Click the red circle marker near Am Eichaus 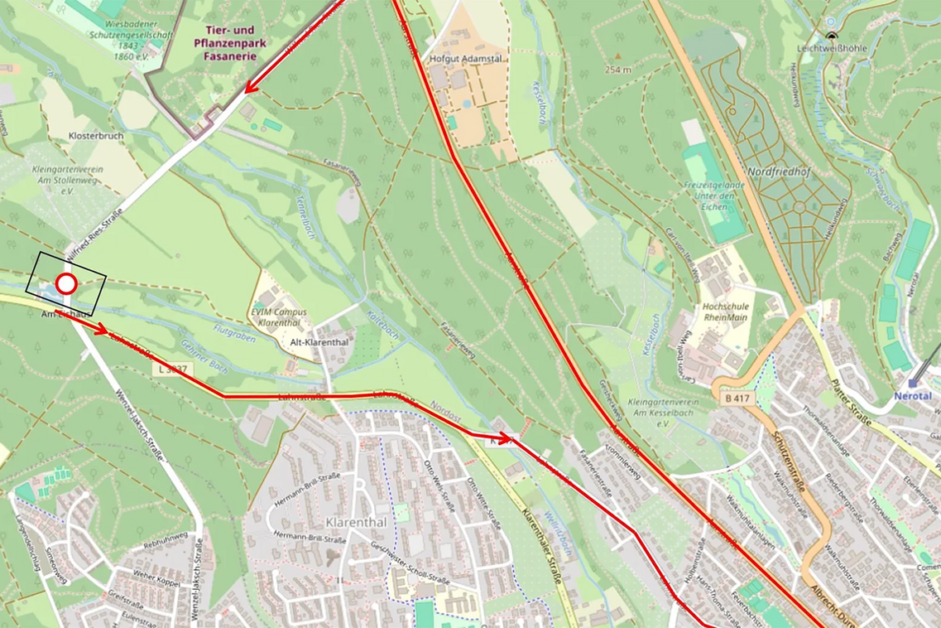[66, 284]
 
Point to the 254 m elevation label [619, 70]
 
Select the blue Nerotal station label [913, 396]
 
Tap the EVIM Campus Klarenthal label [278, 316]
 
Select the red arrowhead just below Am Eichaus [102, 330]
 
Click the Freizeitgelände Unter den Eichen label [710, 190]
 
